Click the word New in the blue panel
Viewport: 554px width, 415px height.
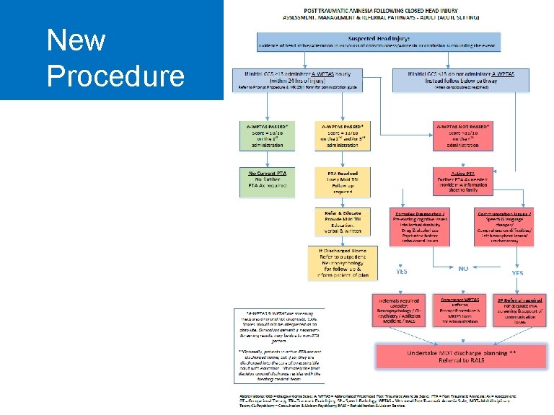pyautogui.click(x=76, y=40)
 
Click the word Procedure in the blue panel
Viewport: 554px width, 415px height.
pyautogui.click(x=115, y=75)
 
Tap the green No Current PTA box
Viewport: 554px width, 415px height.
pyautogui.click(x=267, y=182)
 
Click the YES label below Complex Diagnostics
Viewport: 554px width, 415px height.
pyautogui.click(x=400, y=272)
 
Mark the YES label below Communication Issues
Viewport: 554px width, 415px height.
pyautogui.click(x=517, y=273)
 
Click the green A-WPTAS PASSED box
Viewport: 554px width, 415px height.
pyautogui.click(x=267, y=135)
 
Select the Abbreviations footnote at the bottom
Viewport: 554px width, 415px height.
pyautogui.click(x=390, y=400)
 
